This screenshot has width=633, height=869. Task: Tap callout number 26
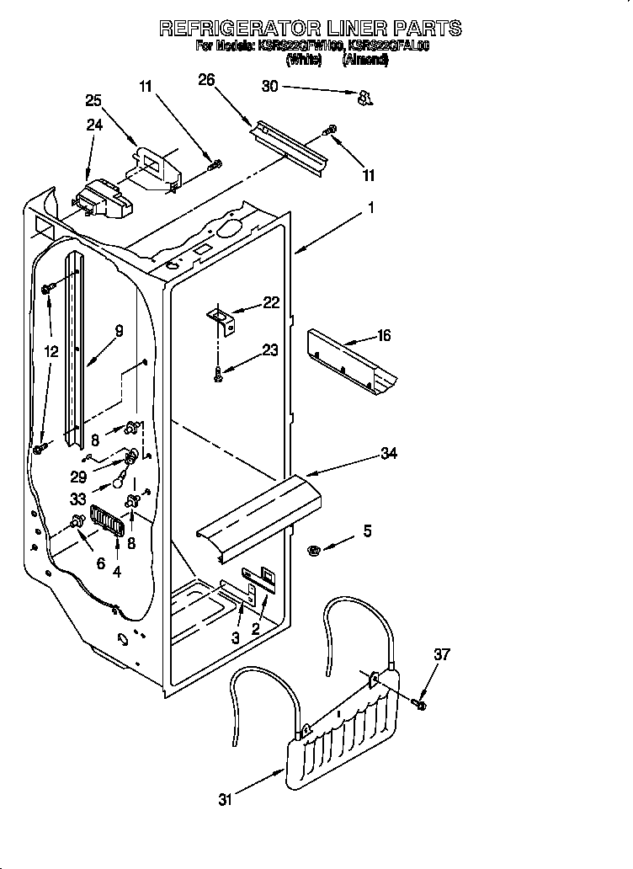tap(206, 80)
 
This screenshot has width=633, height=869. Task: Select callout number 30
tap(269, 87)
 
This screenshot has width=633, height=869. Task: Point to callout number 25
tap(93, 100)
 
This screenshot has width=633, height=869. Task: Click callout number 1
tap(370, 207)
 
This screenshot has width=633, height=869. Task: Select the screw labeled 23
tap(219, 375)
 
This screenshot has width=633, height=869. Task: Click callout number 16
tap(384, 336)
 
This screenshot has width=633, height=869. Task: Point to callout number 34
tap(388, 455)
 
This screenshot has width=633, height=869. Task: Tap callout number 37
tap(442, 653)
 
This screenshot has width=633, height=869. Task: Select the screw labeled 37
tap(420, 701)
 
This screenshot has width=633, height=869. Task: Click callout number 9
tap(119, 331)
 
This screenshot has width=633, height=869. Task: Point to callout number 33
tap(78, 498)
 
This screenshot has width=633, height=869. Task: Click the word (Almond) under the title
tap(365, 60)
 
